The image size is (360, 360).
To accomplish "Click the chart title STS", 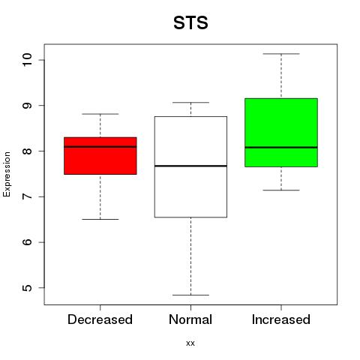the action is pyautogui.click(x=190, y=22).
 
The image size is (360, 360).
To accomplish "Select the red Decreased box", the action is pyautogui.click(x=100, y=156).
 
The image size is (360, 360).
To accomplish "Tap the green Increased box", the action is pyautogui.click(x=281, y=133).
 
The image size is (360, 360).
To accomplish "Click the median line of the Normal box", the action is pyautogui.click(x=190, y=166).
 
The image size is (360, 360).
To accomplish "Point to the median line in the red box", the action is pyautogui.click(x=100, y=147).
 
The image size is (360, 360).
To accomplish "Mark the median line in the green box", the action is pyautogui.click(x=281, y=148).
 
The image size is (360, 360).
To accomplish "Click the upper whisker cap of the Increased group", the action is pyautogui.click(x=281, y=54).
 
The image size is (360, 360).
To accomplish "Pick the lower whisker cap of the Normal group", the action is pyautogui.click(x=190, y=295).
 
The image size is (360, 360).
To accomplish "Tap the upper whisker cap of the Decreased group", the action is pyautogui.click(x=100, y=114).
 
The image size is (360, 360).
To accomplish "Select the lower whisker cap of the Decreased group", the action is pyautogui.click(x=100, y=219).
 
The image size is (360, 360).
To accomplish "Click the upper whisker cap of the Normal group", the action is pyautogui.click(x=190, y=102).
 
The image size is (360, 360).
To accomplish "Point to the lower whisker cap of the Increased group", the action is pyautogui.click(x=281, y=190).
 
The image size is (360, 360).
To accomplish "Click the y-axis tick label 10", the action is pyautogui.click(x=27, y=60).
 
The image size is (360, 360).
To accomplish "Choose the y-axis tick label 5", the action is pyautogui.click(x=27, y=288).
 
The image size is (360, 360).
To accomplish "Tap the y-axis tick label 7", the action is pyautogui.click(x=27, y=196).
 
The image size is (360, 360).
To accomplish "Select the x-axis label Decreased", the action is pyautogui.click(x=100, y=319).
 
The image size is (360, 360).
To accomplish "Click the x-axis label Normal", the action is pyautogui.click(x=190, y=319).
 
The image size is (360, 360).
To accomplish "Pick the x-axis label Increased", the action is pyautogui.click(x=281, y=319).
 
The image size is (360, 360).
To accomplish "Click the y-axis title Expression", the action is pyautogui.click(x=7, y=174).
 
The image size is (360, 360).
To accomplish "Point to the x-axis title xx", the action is pyautogui.click(x=190, y=343).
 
